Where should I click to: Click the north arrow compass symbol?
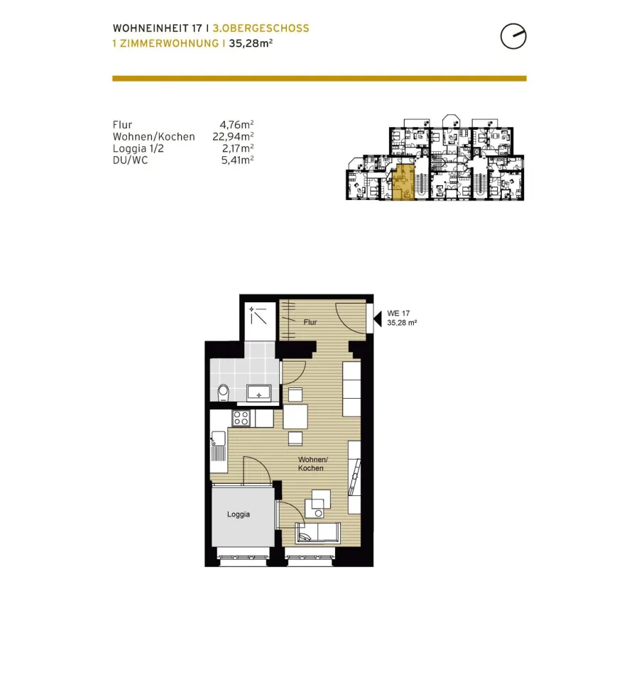(513, 36)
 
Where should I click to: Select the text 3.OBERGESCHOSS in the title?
(261, 28)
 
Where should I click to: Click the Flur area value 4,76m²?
(236, 125)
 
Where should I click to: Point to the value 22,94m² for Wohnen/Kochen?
(233, 137)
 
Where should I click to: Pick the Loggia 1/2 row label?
(138, 149)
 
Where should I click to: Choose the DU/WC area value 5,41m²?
(238, 160)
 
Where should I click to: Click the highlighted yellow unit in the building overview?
(403, 182)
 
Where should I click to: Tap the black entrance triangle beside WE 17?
(378, 319)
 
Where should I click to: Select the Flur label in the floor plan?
(310, 322)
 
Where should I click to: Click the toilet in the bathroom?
(223, 393)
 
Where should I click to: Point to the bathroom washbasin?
(258, 393)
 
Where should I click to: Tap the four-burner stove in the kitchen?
(241, 418)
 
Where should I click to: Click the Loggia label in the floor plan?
(239, 514)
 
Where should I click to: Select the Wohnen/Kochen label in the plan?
(312, 464)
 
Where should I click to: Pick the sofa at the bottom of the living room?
(318, 532)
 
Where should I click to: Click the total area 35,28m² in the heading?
(251, 43)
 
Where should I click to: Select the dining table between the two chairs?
(295, 416)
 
